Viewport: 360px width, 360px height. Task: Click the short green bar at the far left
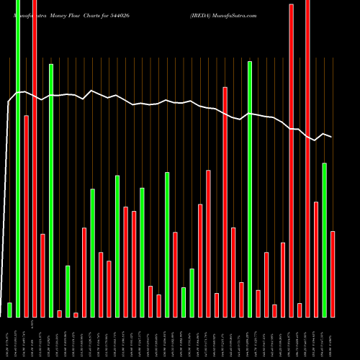[x=9, y=310]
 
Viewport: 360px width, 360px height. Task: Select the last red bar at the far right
[x=333, y=274]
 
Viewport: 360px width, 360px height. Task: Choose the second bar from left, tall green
[x=18, y=158]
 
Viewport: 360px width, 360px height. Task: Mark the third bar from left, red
[x=27, y=216]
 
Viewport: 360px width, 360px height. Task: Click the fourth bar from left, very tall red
[x=35, y=158]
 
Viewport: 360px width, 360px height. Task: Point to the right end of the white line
[x=331, y=137]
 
